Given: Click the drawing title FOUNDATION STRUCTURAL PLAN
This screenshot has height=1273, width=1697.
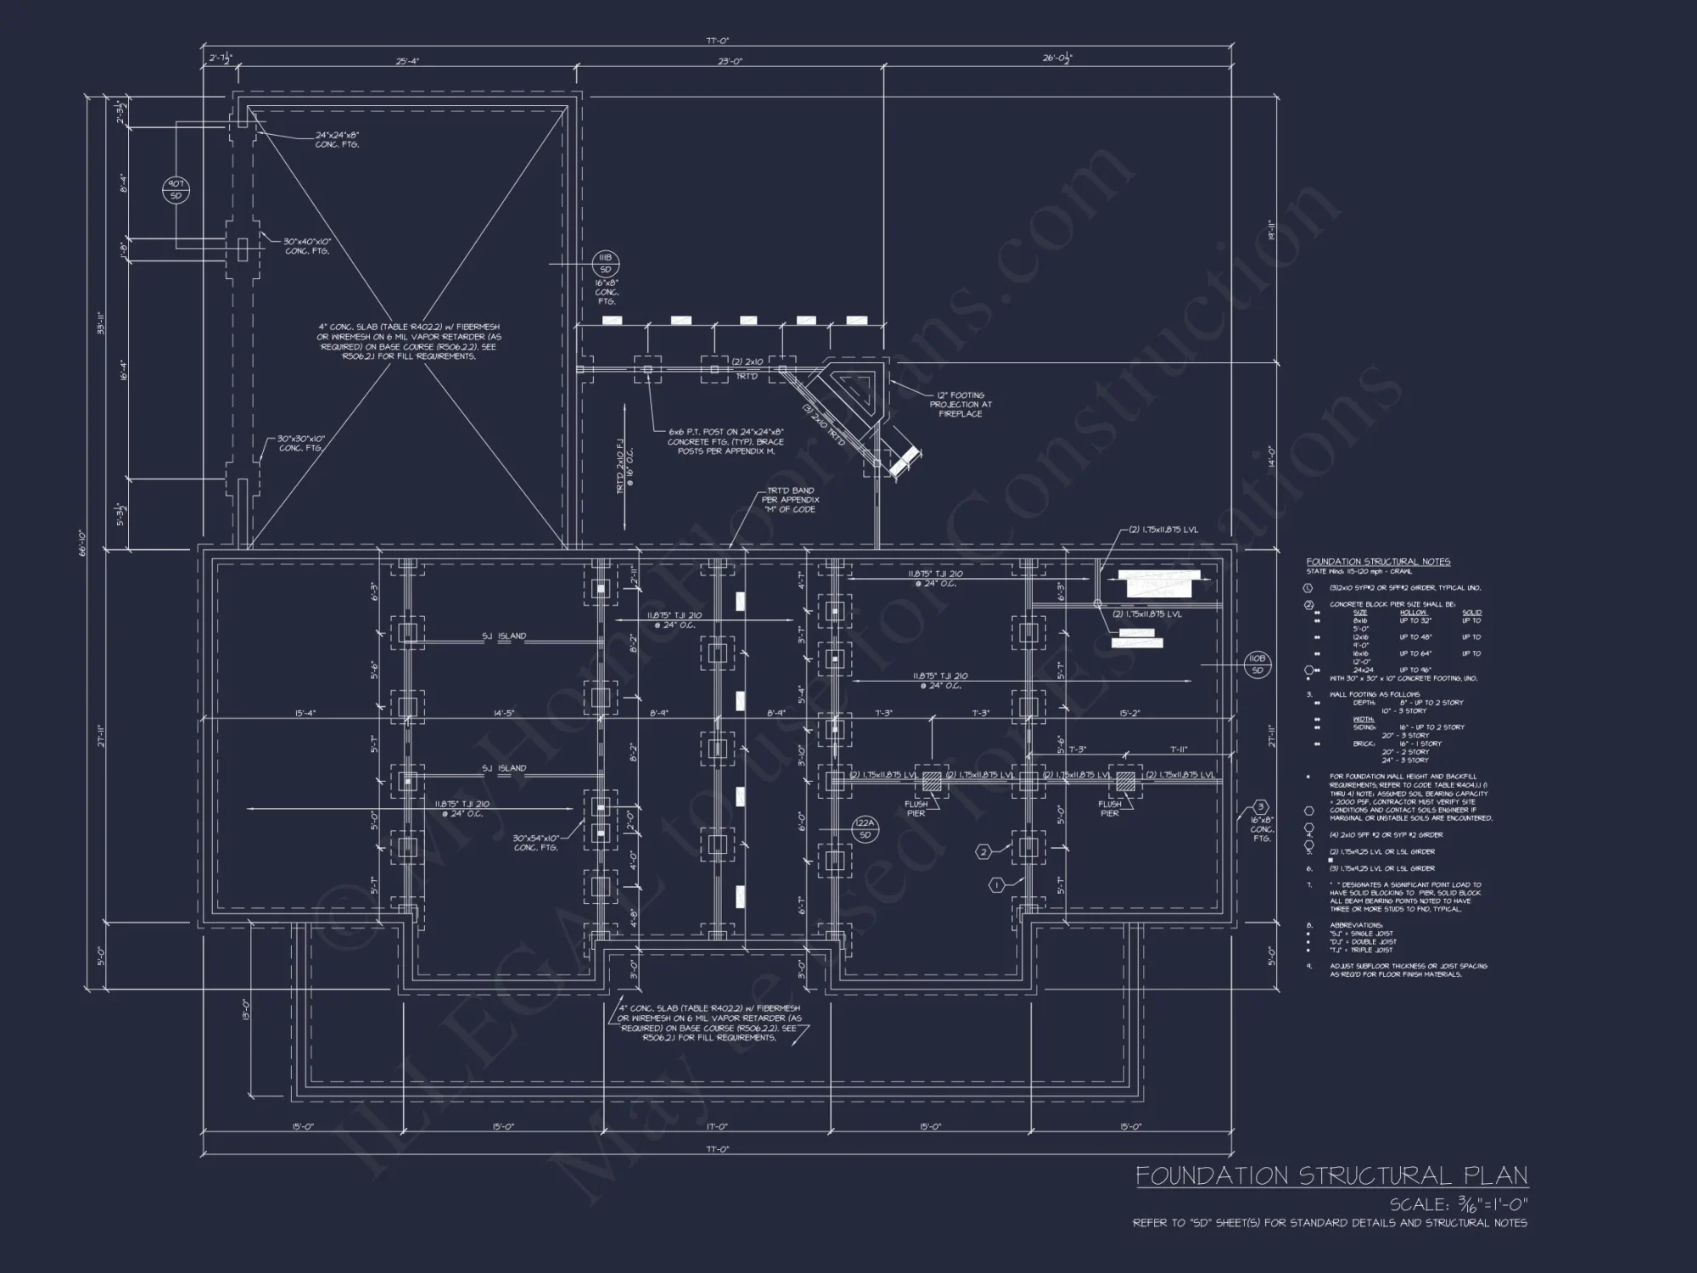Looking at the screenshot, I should tap(1331, 1175).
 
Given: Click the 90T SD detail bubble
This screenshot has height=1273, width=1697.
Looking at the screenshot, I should tap(176, 190).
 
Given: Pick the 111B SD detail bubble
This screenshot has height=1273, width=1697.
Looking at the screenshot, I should tap(605, 263).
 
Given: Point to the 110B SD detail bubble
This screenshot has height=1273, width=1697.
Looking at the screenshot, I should tap(1257, 665).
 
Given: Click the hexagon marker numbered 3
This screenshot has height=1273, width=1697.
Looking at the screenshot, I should tap(1261, 807).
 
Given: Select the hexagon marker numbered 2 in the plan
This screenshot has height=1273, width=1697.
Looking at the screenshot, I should tap(983, 852).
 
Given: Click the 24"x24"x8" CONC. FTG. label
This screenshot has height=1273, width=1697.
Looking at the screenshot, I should tap(338, 140).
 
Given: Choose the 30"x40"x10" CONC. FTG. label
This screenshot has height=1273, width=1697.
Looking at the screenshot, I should tap(307, 246).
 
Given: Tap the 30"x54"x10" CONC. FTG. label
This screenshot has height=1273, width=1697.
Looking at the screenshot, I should tap(535, 843).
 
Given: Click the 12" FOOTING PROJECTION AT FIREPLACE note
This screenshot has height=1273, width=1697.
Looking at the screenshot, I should tap(960, 404).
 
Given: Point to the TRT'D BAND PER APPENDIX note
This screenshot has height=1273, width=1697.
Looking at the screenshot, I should tap(791, 500).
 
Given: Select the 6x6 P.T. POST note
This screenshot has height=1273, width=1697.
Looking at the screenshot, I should tap(725, 441).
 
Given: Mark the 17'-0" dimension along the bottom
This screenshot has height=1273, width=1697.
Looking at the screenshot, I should tap(717, 1127).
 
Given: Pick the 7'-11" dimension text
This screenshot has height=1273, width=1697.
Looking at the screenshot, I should tap(1178, 749).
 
